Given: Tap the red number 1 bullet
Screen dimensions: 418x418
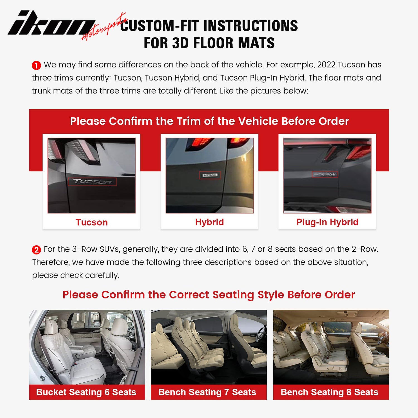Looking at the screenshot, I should (x=36, y=65).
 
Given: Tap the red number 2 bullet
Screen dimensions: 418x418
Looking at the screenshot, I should (x=36, y=250).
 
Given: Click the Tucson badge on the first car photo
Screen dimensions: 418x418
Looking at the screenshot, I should (x=92, y=182).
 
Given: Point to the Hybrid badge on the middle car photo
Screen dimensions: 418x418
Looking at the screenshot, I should (x=210, y=175).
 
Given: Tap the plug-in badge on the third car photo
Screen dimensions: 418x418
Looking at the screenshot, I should (x=325, y=174).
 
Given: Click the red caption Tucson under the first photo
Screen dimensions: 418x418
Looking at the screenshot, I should (x=91, y=222).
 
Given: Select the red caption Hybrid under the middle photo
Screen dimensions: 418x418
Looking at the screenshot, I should (x=209, y=222).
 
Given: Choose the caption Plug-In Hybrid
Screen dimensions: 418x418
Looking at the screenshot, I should (x=327, y=222).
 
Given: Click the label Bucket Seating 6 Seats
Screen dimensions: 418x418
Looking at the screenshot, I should (x=86, y=392).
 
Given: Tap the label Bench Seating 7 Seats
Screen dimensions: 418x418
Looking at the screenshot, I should (x=207, y=392).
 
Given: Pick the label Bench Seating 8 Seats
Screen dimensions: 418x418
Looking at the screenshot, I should (x=329, y=392).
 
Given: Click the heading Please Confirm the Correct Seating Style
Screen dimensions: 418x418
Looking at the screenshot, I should (x=208, y=295).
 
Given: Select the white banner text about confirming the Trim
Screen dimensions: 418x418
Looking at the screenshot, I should (x=209, y=121).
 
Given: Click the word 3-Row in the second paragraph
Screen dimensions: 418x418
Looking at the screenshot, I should (x=81, y=249).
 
